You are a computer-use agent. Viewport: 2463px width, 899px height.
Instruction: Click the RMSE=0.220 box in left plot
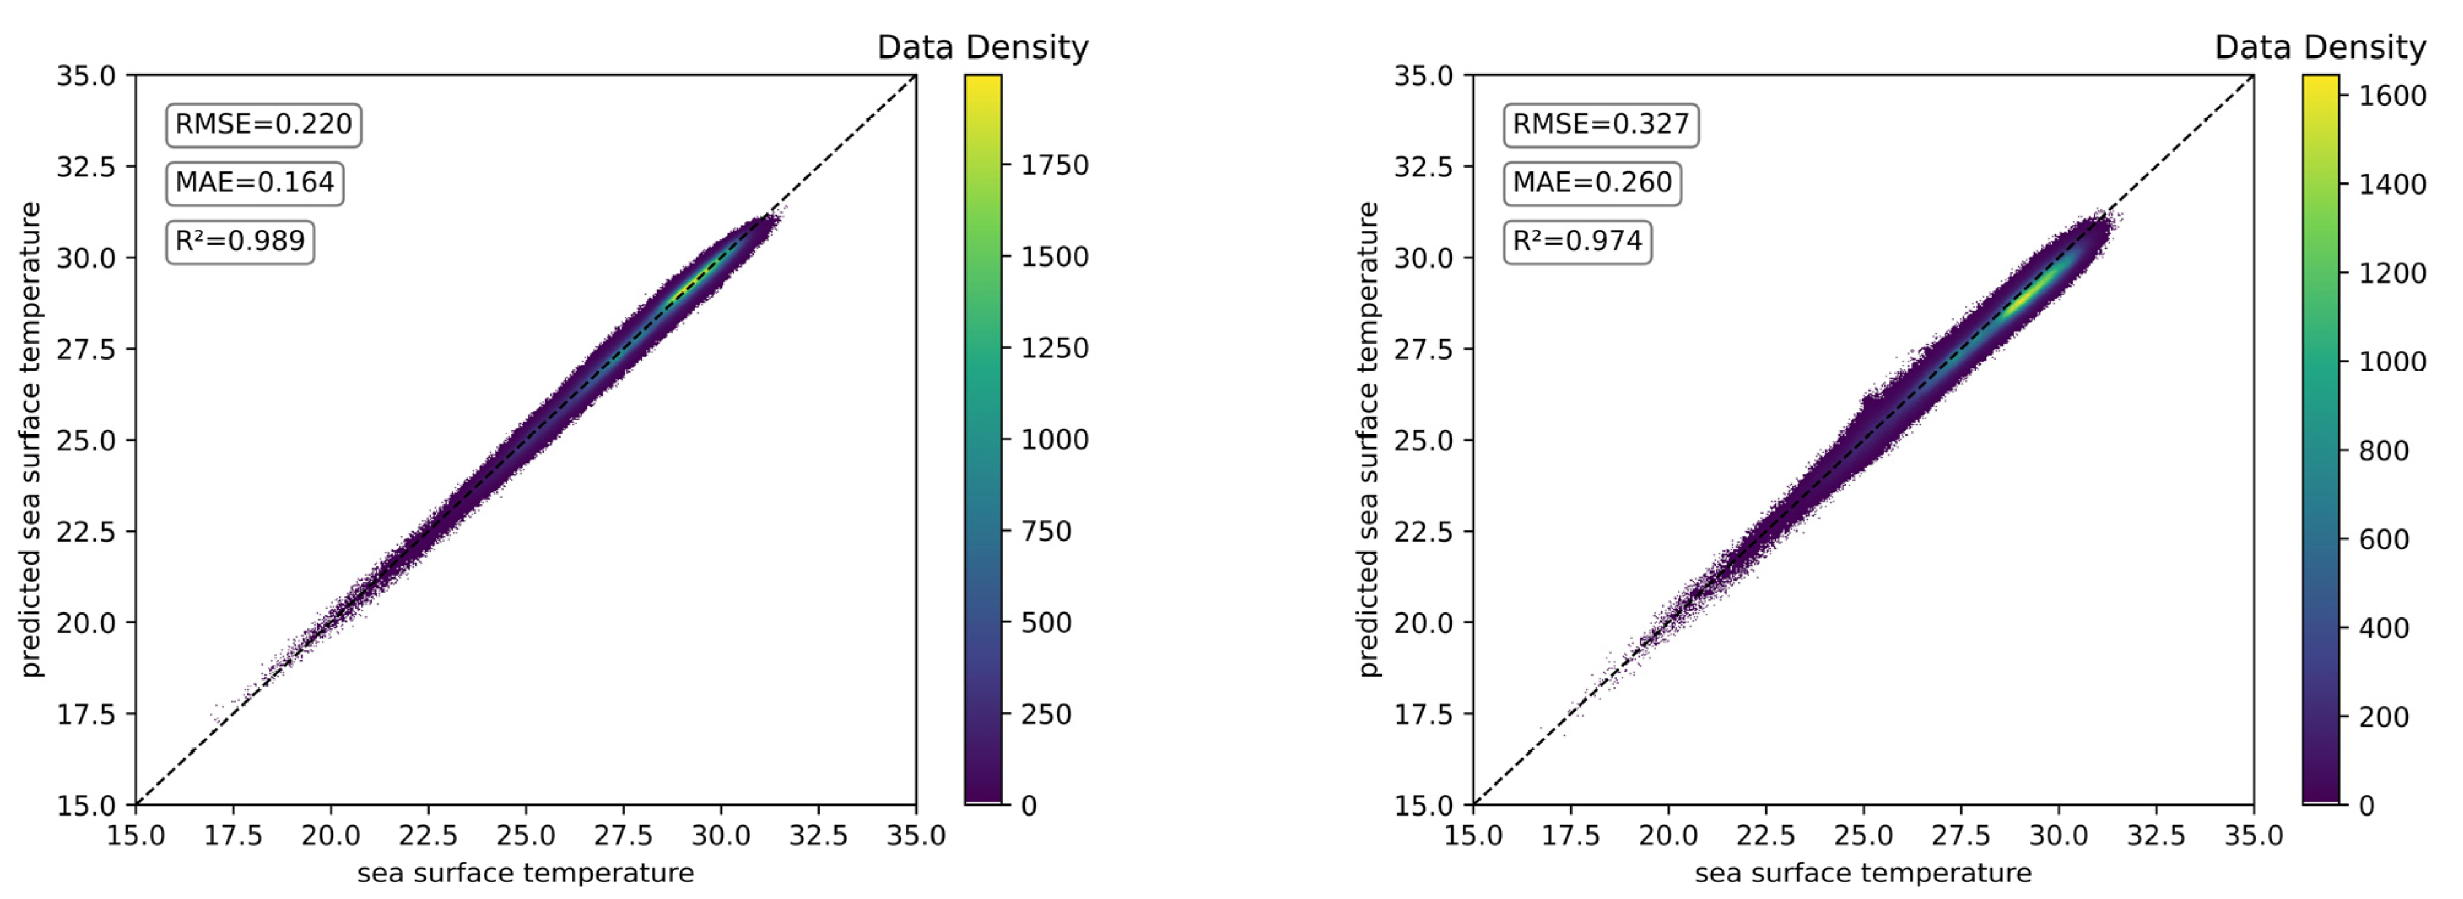[263, 125]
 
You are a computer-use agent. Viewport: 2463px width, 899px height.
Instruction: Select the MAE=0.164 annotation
[254, 183]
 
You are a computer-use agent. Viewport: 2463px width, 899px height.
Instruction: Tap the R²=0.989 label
[239, 241]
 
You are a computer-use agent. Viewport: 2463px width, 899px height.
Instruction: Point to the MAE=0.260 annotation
[1592, 183]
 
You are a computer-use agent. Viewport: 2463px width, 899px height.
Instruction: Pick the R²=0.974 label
[1577, 241]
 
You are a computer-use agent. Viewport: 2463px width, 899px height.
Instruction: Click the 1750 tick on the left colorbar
[1054, 166]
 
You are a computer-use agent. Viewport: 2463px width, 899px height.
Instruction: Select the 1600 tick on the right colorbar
[2391, 96]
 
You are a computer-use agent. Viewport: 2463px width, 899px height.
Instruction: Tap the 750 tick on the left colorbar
[1045, 532]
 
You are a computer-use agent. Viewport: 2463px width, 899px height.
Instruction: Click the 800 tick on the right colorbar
[2383, 450]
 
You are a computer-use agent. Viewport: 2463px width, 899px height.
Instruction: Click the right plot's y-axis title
[1368, 440]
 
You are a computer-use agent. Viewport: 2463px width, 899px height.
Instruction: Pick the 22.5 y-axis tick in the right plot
[1423, 532]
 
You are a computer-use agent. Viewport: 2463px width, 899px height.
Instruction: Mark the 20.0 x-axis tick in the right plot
[1668, 835]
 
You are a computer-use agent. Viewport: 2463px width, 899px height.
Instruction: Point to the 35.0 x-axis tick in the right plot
[2253, 835]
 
